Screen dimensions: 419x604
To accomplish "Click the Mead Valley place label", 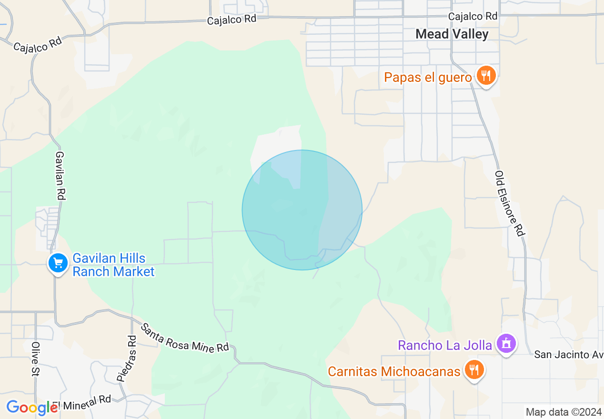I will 452,34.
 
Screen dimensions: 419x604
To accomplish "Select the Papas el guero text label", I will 428,77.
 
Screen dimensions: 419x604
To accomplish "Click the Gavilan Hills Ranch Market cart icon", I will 58,263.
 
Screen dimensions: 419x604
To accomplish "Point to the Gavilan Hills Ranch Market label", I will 113,265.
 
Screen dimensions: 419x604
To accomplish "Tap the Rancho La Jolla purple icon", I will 506,343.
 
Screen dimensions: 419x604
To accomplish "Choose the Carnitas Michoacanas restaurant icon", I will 474,369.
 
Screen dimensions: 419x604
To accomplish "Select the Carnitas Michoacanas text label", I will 394,371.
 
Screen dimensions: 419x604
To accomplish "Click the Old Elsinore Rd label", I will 510,203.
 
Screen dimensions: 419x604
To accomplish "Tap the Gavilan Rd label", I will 60,175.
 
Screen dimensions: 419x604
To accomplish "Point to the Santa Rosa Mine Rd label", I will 185,338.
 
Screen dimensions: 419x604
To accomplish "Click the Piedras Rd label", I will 126,359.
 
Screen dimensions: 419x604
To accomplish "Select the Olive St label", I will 35,359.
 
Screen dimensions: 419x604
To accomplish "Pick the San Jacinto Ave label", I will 568,355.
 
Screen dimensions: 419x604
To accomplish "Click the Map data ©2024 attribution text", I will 563,412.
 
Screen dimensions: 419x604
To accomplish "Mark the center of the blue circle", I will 302,210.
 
